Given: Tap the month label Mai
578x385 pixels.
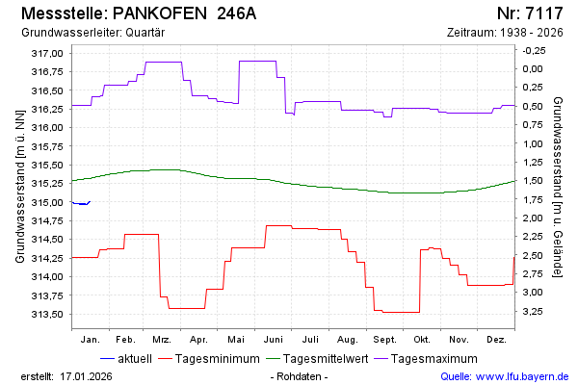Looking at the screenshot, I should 236,340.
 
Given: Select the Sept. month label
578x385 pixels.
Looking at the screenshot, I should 384,340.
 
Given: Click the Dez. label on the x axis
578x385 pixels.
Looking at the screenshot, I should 497,340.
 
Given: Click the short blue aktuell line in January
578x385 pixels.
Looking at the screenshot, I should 81,203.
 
